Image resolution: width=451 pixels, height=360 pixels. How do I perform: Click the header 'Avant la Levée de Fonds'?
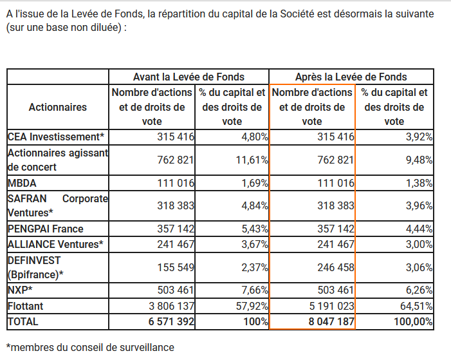pyautogui.click(x=189, y=77)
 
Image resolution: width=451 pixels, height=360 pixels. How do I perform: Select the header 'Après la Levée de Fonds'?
pyautogui.click(x=351, y=77)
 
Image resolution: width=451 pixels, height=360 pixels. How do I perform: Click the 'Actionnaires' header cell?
pyautogui.click(x=57, y=107)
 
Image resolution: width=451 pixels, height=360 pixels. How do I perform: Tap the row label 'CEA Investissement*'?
pyautogui.click(x=56, y=137)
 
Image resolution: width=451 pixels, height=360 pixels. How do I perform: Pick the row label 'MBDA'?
pyautogui.click(x=22, y=183)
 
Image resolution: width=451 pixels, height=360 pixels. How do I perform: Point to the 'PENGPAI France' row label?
pyautogui.click(x=46, y=229)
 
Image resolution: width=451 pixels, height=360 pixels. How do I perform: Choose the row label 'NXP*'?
pyautogui.click(x=20, y=290)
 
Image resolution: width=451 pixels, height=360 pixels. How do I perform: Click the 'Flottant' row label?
pyautogui.click(x=25, y=306)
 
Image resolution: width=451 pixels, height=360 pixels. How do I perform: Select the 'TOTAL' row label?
pyautogui.click(x=23, y=322)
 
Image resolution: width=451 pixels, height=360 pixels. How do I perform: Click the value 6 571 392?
pyautogui.click(x=171, y=322)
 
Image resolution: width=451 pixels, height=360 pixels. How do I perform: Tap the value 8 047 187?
pyautogui.click(x=331, y=322)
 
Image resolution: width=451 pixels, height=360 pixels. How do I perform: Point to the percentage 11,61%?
pyautogui.click(x=252, y=160)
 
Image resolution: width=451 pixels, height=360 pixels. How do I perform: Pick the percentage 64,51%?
pyautogui.click(x=416, y=306)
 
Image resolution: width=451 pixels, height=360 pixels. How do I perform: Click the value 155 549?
pyautogui.click(x=176, y=267)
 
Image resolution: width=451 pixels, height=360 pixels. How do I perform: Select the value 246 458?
pyautogui.click(x=336, y=267)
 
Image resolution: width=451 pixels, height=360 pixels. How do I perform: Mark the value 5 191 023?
pyautogui.click(x=332, y=306)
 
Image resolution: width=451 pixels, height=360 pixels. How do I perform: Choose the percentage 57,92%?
pyautogui.click(x=252, y=306)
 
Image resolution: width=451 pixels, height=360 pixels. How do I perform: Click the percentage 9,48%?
pyautogui.click(x=419, y=160)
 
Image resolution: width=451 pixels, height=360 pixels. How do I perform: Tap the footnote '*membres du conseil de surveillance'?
pyautogui.click(x=90, y=347)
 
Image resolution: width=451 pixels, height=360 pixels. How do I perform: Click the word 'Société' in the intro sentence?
pyautogui.click(x=297, y=14)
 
